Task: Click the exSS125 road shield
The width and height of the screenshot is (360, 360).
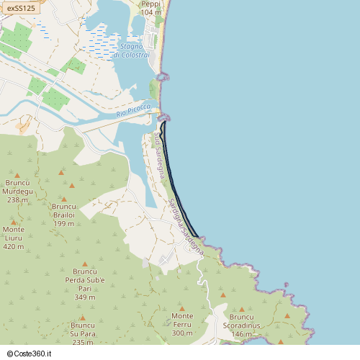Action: coord(21,8)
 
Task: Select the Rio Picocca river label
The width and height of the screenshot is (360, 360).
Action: coord(133,111)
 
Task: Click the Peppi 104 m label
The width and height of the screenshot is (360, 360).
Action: coord(151,8)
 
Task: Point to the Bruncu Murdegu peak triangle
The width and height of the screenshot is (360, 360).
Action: coord(17,174)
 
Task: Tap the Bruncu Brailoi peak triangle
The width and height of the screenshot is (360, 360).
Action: coord(63,199)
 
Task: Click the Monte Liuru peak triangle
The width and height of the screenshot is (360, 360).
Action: coord(13,222)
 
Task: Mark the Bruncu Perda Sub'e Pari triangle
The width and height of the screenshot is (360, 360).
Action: coord(85,264)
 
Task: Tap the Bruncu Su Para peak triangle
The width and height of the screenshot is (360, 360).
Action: coord(83,317)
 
